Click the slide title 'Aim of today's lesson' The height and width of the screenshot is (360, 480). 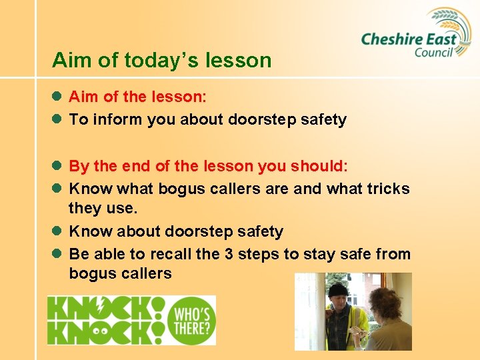click(x=162, y=61)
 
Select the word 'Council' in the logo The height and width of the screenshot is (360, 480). click(x=433, y=52)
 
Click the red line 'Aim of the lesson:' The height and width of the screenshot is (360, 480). click(x=137, y=97)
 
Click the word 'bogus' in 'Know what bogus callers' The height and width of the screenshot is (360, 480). click(x=181, y=189)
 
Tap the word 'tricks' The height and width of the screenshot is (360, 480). click(x=388, y=189)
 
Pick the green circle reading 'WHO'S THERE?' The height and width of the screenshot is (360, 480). click(x=193, y=320)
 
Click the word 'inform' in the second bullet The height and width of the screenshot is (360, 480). click(x=113, y=120)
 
